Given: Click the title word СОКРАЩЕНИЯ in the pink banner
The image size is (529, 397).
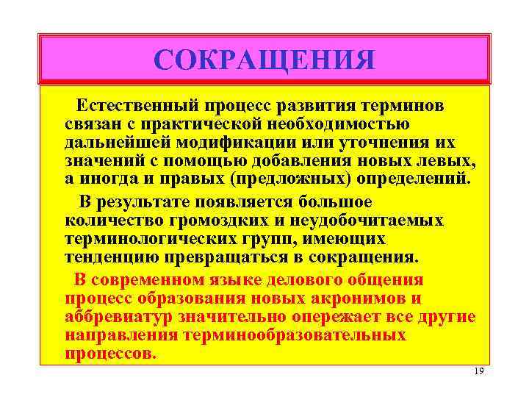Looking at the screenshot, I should (x=264, y=59).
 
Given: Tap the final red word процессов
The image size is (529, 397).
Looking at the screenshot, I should (x=110, y=353).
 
